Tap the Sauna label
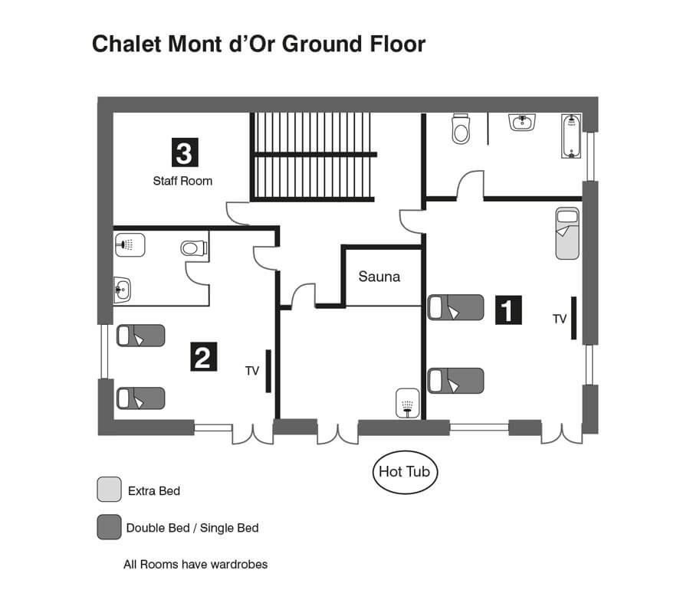click(x=379, y=277)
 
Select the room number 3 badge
click(x=184, y=152)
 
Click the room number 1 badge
click(x=508, y=310)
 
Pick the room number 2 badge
click(x=203, y=356)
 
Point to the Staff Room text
click(x=182, y=181)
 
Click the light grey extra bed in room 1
click(x=567, y=234)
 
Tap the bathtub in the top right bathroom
click(x=571, y=136)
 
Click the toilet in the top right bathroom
click(x=462, y=129)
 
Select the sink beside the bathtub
click(x=522, y=122)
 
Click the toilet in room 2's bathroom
click(x=194, y=248)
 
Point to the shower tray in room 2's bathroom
click(x=130, y=245)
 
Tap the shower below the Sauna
click(x=408, y=403)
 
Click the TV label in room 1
click(x=560, y=319)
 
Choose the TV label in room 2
click(x=252, y=371)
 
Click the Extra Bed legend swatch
click(x=109, y=489)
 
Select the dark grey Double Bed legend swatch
click(x=109, y=527)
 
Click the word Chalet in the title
click(x=127, y=44)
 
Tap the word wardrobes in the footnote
click(x=239, y=564)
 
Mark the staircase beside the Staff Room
click(x=314, y=156)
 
